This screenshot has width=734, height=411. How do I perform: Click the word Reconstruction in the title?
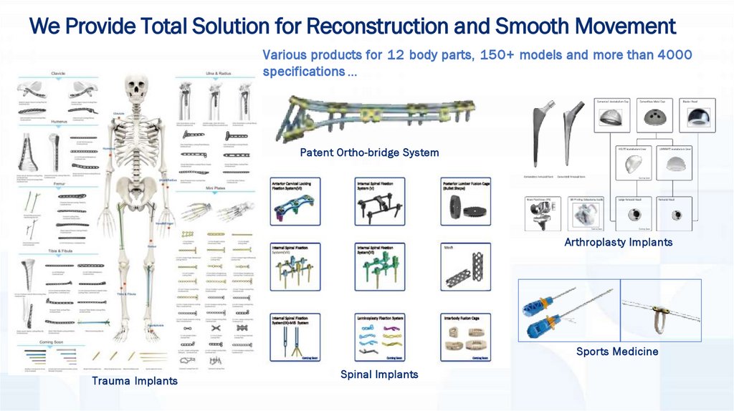pyautogui.click(x=377, y=27)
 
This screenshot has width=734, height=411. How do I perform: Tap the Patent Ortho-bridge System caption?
pyautogui.click(x=369, y=153)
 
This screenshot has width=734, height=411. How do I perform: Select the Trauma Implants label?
pyautogui.click(x=134, y=381)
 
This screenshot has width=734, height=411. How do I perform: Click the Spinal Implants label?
pyautogui.click(x=378, y=374)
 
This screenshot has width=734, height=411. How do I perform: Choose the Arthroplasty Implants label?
pyautogui.click(x=618, y=242)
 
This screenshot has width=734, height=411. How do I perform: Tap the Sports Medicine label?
pyautogui.click(x=616, y=352)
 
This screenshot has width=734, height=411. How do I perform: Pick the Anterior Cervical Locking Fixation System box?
pyautogui.click(x=295, y=200)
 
